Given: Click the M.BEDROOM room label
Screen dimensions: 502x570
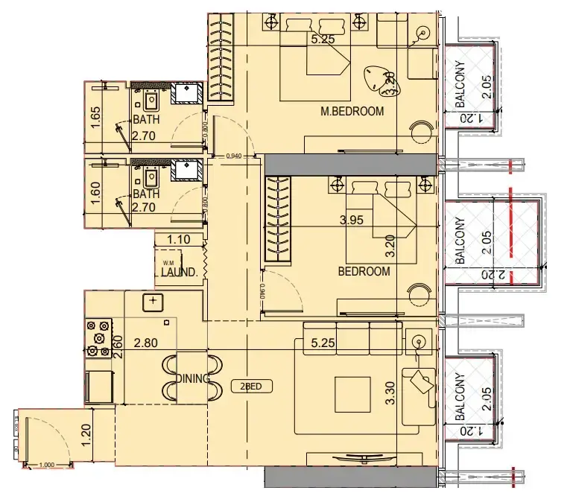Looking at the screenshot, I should pyautogui.click(x=352, y=112).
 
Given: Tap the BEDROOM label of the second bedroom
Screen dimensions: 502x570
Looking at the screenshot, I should pyautogui.click(x=364, y=272).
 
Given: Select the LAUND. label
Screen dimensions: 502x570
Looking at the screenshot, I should pyautogui.click(x=179, y=272).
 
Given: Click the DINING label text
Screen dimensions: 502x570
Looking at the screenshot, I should pyautogui.click(x=194, y=379).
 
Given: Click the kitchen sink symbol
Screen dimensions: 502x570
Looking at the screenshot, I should pyautogui.click(x=153, y=301).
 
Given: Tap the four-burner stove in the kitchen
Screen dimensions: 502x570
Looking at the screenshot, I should pyautogui.click(x=99, y=337).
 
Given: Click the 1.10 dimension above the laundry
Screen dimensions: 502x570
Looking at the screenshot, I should pyautogui.click(x=179, y=240).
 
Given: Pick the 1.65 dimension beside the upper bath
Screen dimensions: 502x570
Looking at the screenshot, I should pyautogui.click(x=95, y=117).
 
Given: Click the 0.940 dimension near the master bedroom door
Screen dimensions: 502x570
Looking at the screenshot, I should pyautogui.click(x=235, y=156).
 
